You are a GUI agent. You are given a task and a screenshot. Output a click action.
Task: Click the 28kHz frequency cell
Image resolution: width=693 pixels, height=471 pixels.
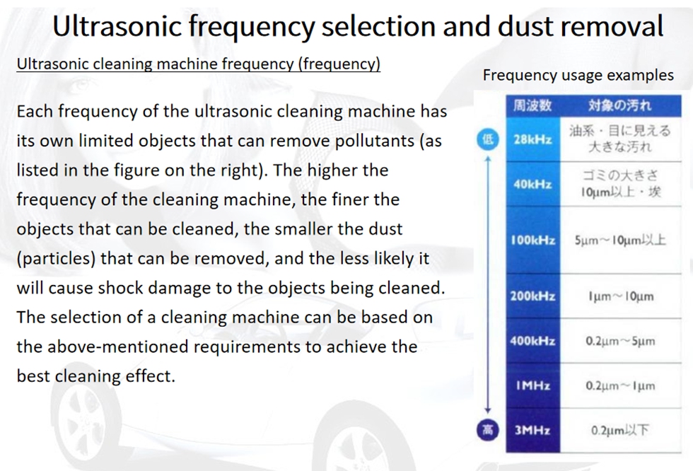(x=533, y=139)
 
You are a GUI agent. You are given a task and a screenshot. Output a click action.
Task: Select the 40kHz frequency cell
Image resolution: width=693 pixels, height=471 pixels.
(x=533, y=184)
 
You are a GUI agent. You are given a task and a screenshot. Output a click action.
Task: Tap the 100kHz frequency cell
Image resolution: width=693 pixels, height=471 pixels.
(x=533, y=240)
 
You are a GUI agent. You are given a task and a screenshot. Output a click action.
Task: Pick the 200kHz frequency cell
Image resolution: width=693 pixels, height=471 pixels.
(x=533, y=296)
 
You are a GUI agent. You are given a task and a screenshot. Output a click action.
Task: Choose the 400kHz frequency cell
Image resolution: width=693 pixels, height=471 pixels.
(x=533, y=341)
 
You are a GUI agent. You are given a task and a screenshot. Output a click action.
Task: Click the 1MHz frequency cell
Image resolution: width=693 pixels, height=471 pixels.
(x=533, y=385)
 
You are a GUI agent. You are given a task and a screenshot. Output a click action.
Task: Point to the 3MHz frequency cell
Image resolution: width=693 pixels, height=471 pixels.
(x=533, y=431)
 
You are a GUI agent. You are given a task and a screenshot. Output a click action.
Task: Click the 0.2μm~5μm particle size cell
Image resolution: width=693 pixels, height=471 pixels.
(x=621, y=341)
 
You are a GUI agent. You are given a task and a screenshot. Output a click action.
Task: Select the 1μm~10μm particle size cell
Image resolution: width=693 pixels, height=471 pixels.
(x=621, y=296)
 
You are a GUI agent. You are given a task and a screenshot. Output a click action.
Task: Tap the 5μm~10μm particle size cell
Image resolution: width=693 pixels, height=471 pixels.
(x=621, y=240)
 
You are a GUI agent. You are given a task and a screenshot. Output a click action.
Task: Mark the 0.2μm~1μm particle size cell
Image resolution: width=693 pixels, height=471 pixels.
(x=621, y=385)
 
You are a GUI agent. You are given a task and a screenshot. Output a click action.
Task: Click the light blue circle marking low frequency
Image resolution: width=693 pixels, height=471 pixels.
(x=488, y=139)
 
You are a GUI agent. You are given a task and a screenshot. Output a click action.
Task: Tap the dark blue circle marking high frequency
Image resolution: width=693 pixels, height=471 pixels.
(x=488, y=430)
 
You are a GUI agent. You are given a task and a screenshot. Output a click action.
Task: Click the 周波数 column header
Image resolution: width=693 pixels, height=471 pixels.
(x=533, y=105)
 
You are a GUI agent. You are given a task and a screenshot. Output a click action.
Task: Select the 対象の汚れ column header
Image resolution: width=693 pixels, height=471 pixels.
(x=621, y=105)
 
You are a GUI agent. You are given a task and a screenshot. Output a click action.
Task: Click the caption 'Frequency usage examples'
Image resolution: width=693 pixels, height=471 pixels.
(x=578, y=75)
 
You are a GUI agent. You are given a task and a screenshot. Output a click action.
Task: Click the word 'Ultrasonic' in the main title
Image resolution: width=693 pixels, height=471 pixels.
(x=117, y=25)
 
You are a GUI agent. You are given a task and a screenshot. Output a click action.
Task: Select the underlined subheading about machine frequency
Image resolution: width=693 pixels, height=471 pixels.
(x=199, y=64)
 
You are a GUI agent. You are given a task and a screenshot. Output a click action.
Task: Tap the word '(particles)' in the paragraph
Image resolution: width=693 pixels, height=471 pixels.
(x=56, y=258)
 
